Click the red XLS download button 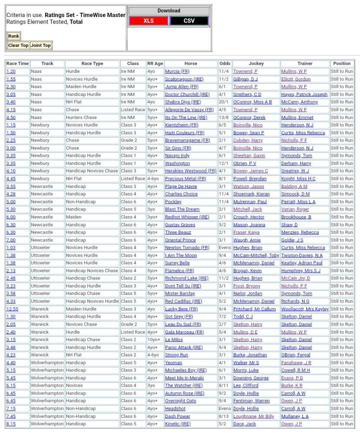pos(148,21)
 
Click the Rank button pos(14,36)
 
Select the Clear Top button pos(18,45)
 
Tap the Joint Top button pos(40,45)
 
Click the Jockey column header pos(256,64)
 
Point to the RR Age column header pos(155,64)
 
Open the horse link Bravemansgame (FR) pos(187,140)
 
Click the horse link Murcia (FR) pos(177,71)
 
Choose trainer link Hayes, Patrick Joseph pos(304,94)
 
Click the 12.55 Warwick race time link pos(12,309)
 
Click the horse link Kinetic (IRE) pos(178,424)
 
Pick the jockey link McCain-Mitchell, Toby pos(256,255)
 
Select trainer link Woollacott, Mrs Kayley pos(305,309)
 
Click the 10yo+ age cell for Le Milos pos(154,340)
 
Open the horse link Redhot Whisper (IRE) pos(187,217)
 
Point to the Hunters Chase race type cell pos(81,117)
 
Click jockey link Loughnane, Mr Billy pos(253,416)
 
